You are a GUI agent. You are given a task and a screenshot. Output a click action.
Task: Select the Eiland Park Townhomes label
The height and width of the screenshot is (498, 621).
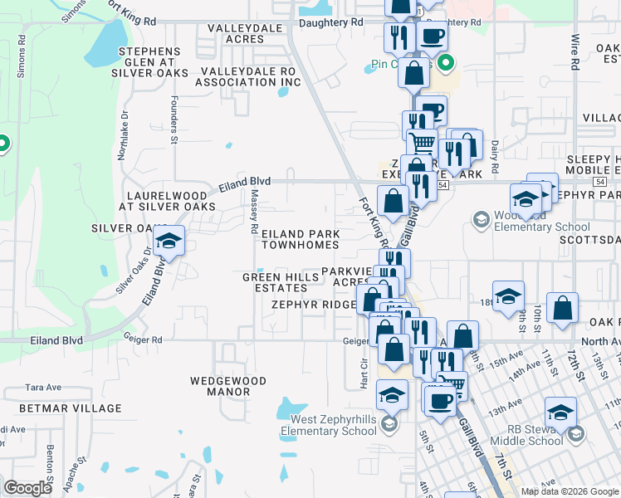(301, 240)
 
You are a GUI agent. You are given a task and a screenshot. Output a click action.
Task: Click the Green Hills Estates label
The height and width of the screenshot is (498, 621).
(275, 282)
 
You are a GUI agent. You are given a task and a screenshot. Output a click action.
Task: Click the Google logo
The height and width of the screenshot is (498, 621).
(27, 488)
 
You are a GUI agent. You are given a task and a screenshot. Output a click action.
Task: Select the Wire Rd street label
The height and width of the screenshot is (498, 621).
(575, 51)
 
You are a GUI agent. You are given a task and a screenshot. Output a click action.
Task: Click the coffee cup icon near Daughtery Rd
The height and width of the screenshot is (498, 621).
(432, 37)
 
